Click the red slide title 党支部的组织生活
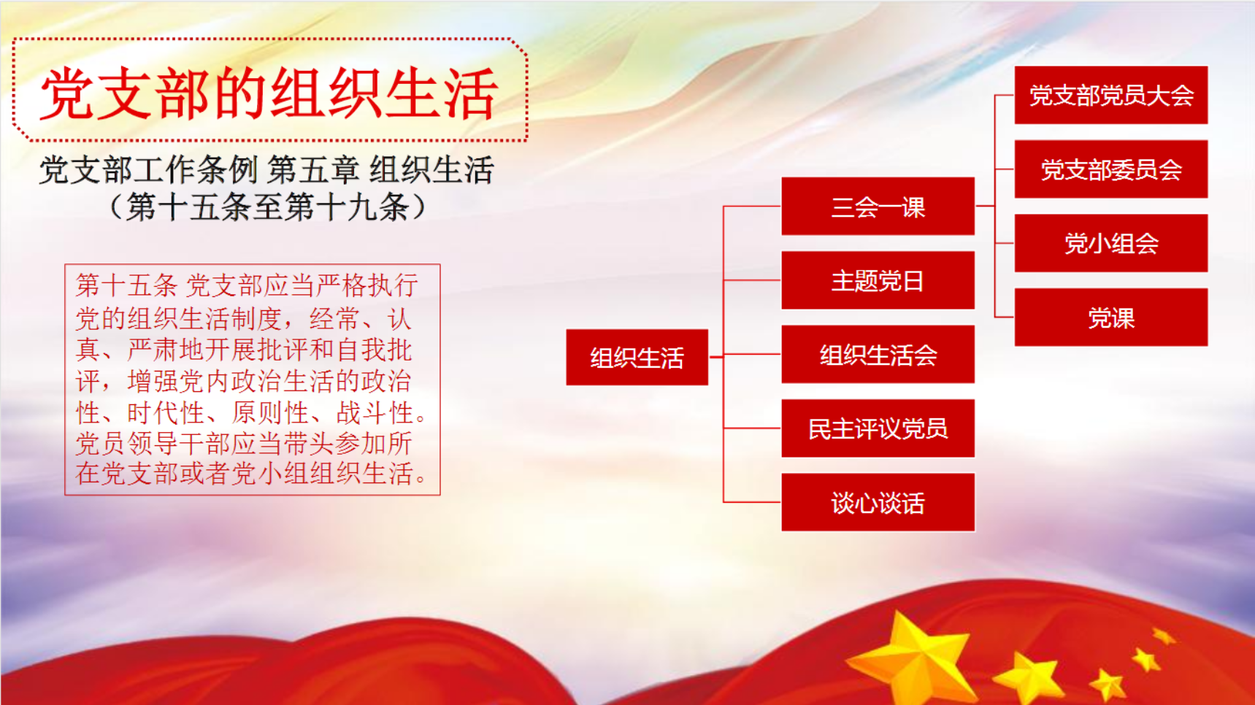tap(269, 93)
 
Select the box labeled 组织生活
tap(637, 357)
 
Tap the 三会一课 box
tap(878, 207)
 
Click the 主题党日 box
tap(878, 280)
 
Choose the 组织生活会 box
tap(878, 355)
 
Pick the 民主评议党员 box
tap(878, 428)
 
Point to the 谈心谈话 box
tap(878, 502)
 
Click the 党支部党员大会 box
tap(1110, 95)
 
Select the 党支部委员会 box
tap(1110, 169)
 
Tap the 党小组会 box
tap(1110, 243)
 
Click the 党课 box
tap(1110, 317)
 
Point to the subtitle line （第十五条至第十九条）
tap(267, 207)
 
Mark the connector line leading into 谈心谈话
tap(752, 502)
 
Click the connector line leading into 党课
tap(1005, 317)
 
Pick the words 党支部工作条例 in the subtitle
tap(148, 170)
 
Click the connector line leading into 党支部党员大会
tap(1005, 95)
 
